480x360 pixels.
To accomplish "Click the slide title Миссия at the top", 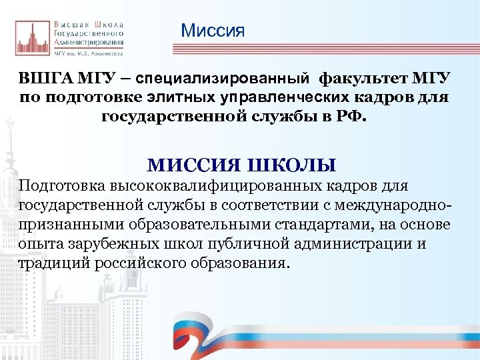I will point(213,31).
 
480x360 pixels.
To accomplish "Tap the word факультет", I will point(353,79).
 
